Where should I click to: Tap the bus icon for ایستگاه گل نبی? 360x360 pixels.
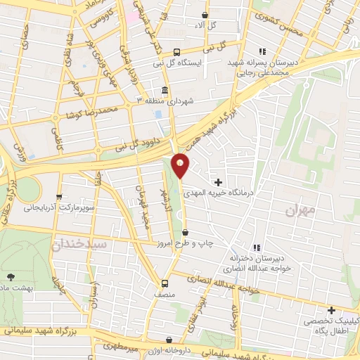(176, 51)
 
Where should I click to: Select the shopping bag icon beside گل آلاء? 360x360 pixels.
(205, 15)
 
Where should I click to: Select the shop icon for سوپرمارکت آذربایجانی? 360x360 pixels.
(59, 198)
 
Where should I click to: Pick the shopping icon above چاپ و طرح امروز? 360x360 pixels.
(185, 233)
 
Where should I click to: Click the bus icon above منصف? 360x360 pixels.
(165, 283)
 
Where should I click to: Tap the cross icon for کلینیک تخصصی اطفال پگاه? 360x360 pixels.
(330, 310)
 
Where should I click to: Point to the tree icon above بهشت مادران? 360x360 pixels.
(10, 276)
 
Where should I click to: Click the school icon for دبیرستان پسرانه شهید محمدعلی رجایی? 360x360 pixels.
(262, 51)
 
